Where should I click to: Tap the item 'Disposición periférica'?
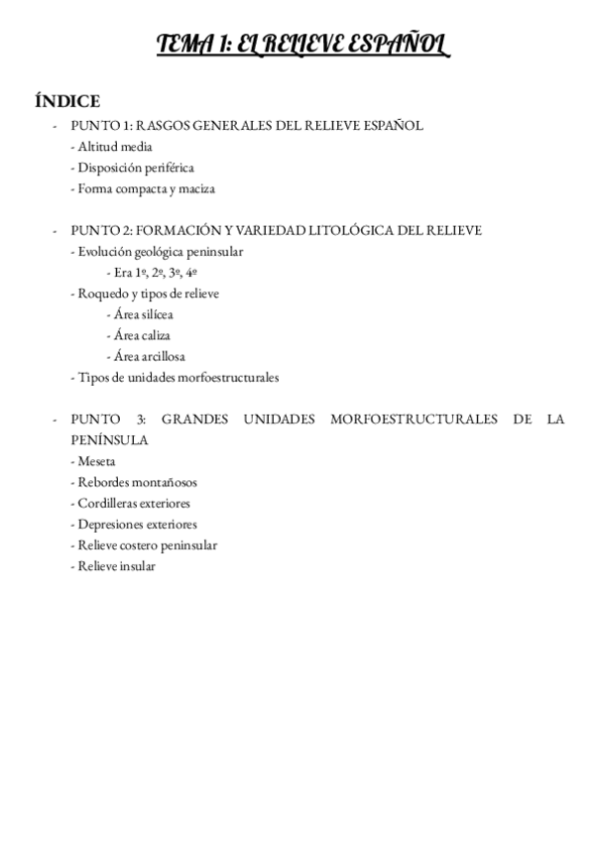(133, 167)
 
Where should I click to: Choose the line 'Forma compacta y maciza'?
(143, 188)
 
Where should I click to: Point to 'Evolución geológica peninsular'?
(157, 252)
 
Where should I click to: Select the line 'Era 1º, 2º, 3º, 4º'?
(157, 273)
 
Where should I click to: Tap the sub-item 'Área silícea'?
(144, 314)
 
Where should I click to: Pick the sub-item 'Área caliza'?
(142, 335)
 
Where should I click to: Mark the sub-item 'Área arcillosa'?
(149, 356)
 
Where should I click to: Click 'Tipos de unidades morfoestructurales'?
(175, 377)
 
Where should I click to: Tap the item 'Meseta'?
(93, 461)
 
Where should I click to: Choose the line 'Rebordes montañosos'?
(134, 482)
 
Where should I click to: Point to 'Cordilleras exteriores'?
(135, 503)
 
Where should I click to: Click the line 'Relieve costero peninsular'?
(144, 544)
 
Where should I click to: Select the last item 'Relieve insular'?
(113, 566)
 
